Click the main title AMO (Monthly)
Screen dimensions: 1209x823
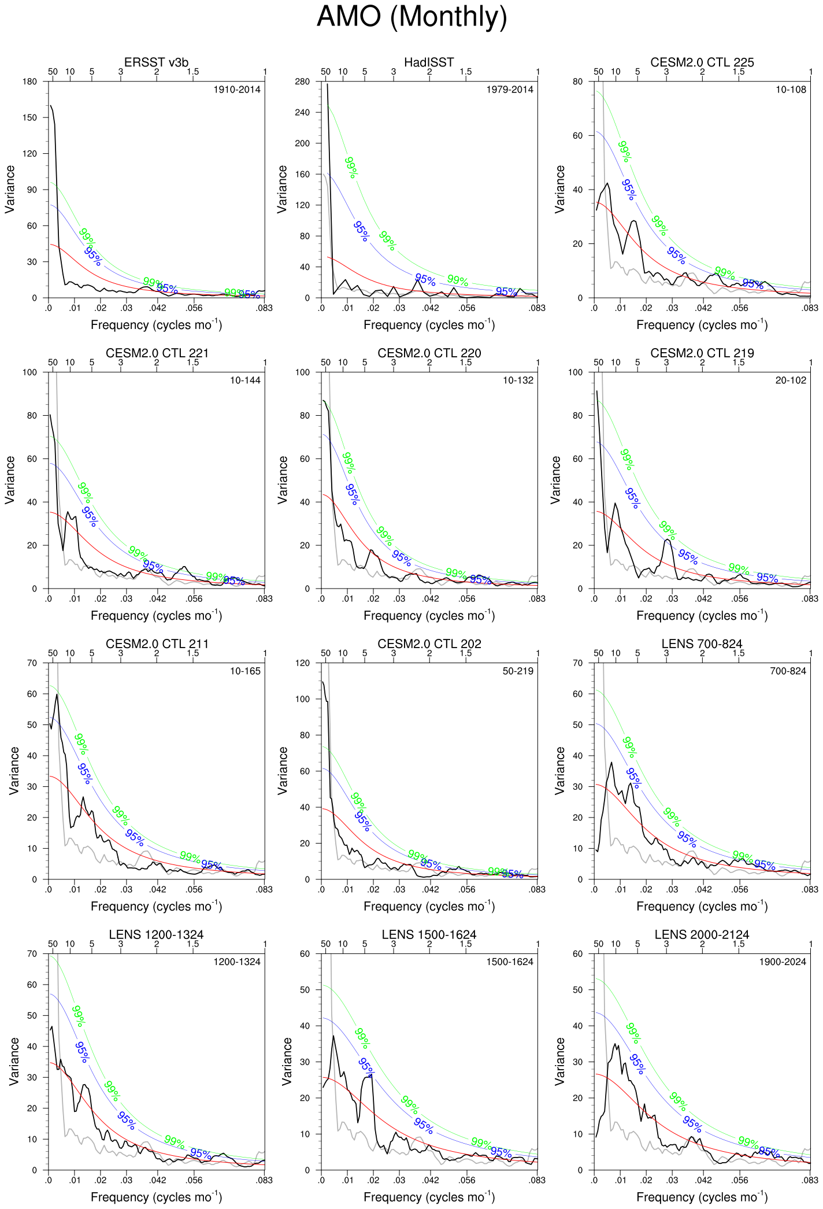tap(411, 17)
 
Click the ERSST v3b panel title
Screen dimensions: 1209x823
tap(156, 62)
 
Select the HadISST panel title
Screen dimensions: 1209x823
tap(429, 62)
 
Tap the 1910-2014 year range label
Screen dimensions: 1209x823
tap(237, 90)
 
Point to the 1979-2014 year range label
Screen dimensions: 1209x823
tap(510, 90)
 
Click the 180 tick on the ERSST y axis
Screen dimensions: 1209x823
tap(29, 82)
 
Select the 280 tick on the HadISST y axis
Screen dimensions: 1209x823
tap(302, 82)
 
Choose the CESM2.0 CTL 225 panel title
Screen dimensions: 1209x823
tap(702, 62)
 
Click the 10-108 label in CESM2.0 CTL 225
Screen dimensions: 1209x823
tap(791, 90)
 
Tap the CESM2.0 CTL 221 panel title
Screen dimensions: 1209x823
tap(156, 353)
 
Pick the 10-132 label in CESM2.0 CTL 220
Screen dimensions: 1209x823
tap(518, 380)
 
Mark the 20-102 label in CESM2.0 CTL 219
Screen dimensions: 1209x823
tap(791, 380)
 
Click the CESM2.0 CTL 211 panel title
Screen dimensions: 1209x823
tap(156, 644)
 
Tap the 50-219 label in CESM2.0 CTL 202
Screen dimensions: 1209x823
tap(518, 671)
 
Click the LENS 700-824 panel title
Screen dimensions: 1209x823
tap(702, 644)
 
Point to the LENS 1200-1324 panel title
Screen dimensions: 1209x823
tap(156, 935)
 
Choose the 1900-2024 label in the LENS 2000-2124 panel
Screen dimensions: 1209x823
tap(783, 962)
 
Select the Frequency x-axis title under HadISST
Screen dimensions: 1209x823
tap(429, 325)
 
